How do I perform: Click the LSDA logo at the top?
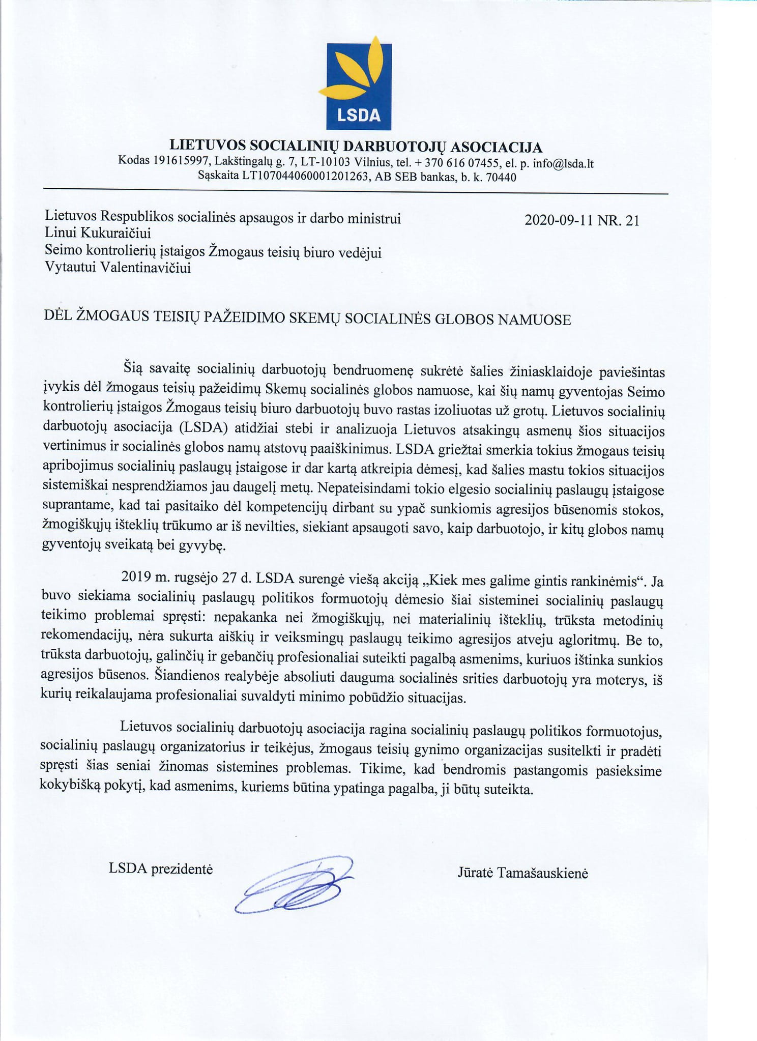click(358, 84)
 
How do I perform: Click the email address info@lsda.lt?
click(566, 164)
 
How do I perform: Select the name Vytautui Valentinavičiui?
click(118, 268)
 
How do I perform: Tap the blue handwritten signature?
click(295, 884)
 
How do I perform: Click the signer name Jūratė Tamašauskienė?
click(522, 873)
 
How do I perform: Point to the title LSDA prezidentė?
click(160, 869)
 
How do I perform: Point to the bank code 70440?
click(501, 178)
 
